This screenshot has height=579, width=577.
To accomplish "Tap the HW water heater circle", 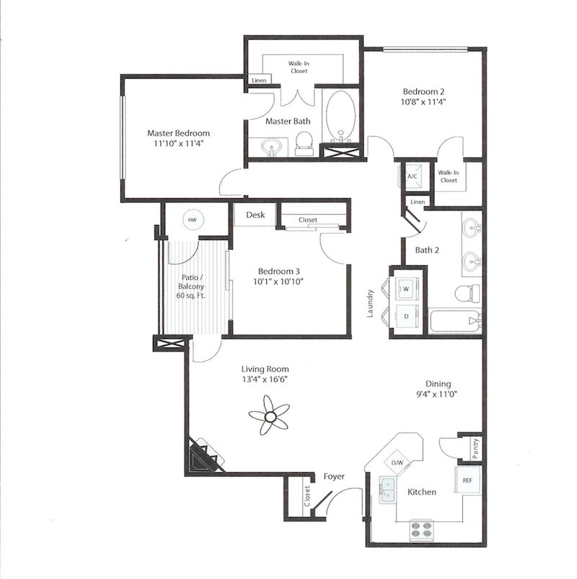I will point(192,220).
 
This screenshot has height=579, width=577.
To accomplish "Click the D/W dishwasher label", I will point(397,461).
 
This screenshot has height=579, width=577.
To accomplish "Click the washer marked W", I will point(405,289).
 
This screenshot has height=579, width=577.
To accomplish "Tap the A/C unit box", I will point(413,176).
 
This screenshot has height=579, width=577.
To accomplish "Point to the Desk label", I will point(255,215).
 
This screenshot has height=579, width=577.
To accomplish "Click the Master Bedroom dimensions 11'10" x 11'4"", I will point(178,143).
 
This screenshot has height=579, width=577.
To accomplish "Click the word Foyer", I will point(333,477).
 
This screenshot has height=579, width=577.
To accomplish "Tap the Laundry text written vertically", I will point(370,304).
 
